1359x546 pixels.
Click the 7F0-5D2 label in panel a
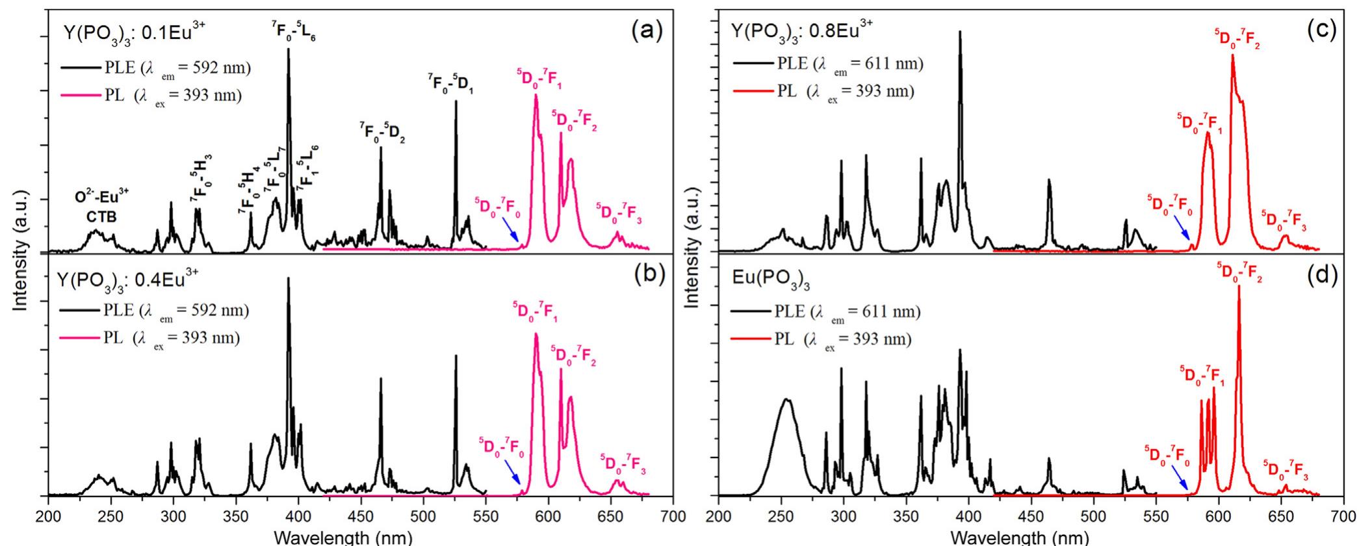tap(383, 132)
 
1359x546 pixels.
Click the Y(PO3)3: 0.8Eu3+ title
tap(802, 31)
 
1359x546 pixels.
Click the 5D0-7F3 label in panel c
tap(1284, 222)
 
